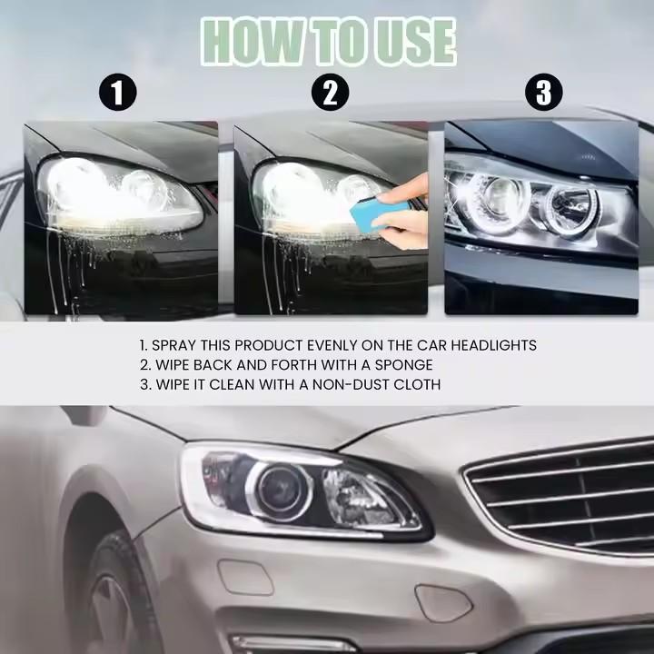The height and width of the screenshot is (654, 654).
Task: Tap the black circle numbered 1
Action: [117, 93]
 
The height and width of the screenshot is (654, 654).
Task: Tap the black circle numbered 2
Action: [330, 93]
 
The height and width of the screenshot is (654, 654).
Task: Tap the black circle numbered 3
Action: [543, 93]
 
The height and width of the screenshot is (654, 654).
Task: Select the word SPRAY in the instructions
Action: [175, 345]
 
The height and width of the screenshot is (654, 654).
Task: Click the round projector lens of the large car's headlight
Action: [282, 490]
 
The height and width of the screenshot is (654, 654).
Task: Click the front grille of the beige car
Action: [563, 495]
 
